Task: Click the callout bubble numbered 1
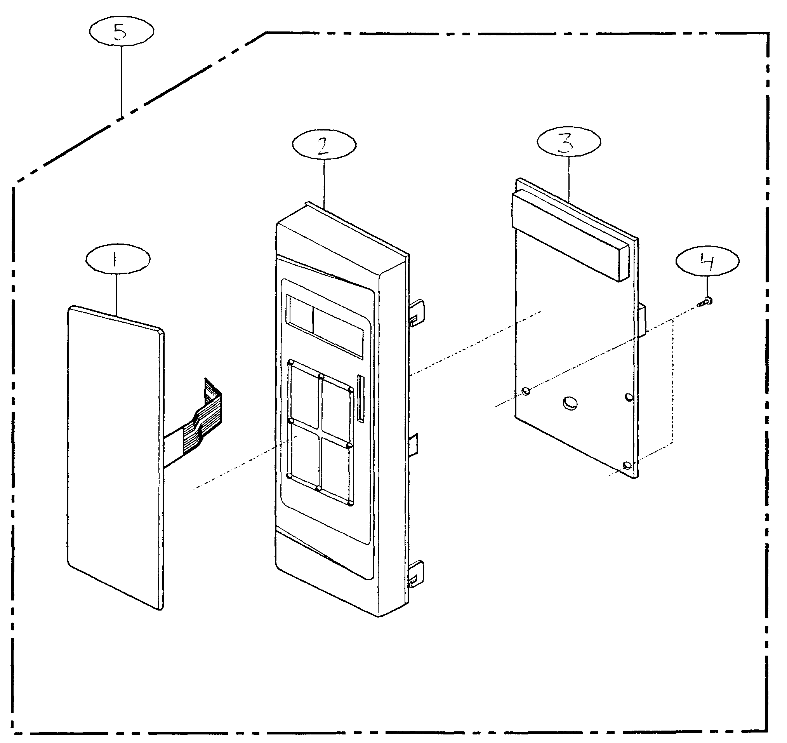[x=118, y=259]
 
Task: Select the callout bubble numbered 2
[x=324, y=145]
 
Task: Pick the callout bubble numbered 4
[x=707, y=261]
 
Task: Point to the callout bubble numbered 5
[x=122, y=32]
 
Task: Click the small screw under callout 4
[x=705, y=303]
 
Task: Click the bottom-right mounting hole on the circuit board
[x=627, y=465]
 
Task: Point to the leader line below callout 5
[x=122, y=79]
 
